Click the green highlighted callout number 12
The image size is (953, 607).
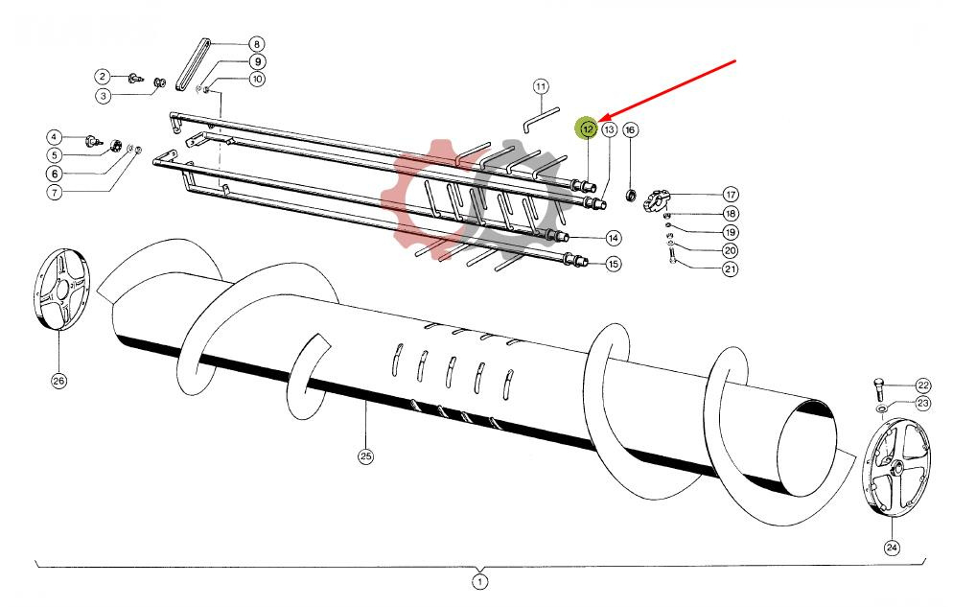point(588,128)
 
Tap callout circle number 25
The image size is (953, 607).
point(365,456)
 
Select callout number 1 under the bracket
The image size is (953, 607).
point(479,582)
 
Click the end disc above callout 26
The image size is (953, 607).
point(60,289)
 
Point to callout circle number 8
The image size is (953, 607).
point(257,44)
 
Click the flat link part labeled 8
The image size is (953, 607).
point(193,65)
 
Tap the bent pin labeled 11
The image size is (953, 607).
point(540,119)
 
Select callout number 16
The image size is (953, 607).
point(630,130)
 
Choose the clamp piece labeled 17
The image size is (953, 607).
point(657,200)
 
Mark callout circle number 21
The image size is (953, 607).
point(730,268)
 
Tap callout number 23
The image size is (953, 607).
point(923,403)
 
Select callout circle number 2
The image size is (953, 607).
point(102,77)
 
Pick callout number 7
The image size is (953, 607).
point(55,193)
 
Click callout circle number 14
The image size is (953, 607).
point(614,238)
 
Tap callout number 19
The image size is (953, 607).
point(730,232)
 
